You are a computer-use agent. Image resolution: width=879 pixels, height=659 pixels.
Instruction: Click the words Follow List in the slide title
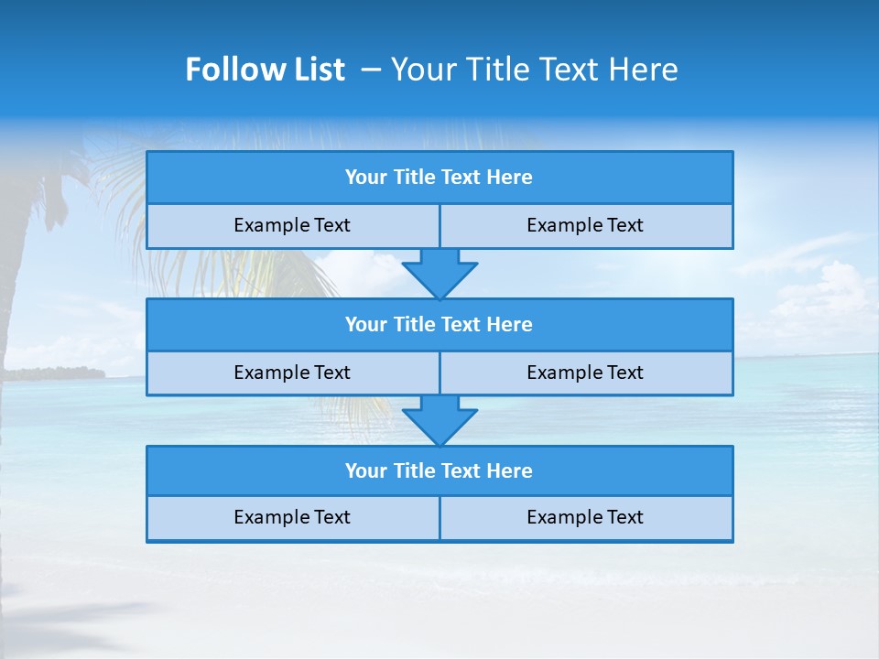(x=265, y=70)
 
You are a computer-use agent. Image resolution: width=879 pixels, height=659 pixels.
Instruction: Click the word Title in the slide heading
(x=494, y=70)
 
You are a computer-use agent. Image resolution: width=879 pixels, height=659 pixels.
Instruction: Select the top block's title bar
(x=439, y=178)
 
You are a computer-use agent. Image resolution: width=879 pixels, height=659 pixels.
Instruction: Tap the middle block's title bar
(x=439, y=324)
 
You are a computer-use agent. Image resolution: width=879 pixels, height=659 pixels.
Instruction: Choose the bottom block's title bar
(x=439, y=470)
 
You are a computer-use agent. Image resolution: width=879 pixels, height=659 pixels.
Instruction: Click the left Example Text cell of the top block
(x=292, y=225)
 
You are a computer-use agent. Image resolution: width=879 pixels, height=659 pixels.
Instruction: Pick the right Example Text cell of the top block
(x=585, y=225)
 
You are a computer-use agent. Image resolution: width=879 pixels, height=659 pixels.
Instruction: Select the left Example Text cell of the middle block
(x=292, y=373)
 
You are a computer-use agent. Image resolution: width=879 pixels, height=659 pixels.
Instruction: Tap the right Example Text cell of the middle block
(x=585, y=373)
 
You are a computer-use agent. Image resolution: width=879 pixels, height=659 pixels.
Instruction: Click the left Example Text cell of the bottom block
(x=292, y=517)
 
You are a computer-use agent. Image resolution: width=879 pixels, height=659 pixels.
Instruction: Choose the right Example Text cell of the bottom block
(x=585, y=517)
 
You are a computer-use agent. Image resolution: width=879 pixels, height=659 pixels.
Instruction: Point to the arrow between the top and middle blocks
(x=439, y=274)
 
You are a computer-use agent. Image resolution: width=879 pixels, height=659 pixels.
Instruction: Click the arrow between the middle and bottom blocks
(x=439, y=421)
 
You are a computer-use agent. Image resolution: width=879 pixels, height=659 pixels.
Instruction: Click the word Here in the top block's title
(x=509, y=178)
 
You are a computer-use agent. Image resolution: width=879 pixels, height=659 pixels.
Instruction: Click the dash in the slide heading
(x=371, y=70)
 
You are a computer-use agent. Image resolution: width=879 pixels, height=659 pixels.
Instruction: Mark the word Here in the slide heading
(x=646, y=70)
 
